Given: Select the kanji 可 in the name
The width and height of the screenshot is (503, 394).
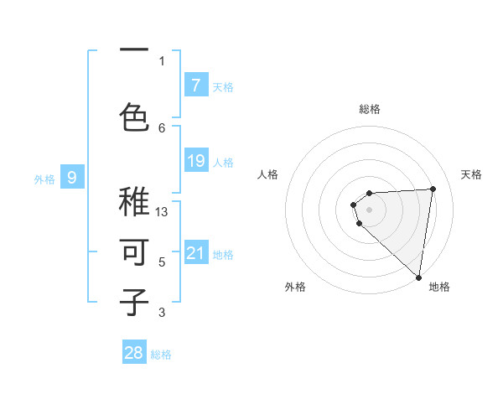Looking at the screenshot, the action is tap(135, 251).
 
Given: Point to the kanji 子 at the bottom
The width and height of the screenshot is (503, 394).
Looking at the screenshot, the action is tap(135, 301).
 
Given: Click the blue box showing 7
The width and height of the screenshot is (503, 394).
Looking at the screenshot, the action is tap(195, 85).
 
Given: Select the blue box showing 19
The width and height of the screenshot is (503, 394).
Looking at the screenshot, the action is tap(195, 160).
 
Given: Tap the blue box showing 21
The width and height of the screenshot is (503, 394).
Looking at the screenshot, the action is tap(195, 253).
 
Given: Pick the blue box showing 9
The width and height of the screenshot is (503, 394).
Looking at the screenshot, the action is tap(72, 177).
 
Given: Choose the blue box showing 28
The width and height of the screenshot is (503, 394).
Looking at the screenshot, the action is tap(134, 353).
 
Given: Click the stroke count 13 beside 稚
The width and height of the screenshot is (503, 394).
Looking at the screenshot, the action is tap(162, 212).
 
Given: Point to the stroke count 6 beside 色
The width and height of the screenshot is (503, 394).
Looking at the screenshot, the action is tap(162, 127).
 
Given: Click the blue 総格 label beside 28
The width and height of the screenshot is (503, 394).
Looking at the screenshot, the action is tap(161, 355).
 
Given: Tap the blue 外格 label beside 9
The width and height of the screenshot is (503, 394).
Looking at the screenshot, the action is tap(44, 179).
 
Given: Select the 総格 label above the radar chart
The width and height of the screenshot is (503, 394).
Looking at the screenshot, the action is tap(369, 109).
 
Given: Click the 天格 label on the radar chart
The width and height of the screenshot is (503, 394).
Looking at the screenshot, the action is tap(472, 174).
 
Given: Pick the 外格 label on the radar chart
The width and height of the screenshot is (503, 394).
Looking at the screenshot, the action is tap(295, 287).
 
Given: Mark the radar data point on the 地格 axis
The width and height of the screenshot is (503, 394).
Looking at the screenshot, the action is tap(418, 277).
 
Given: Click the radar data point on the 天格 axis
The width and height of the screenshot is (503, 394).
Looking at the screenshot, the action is tap(433, 189).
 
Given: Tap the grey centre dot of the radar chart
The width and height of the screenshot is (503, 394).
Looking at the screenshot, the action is tap(369, 209).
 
